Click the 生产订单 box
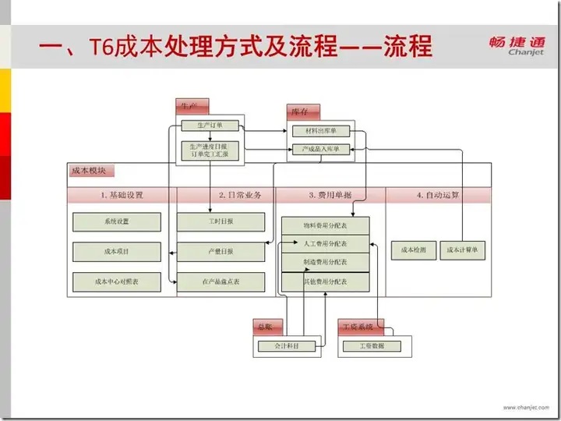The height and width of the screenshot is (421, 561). [210, 125]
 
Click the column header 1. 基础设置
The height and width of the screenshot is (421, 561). [122, 195]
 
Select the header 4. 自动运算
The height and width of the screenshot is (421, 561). [438, 195]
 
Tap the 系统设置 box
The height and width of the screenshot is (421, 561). [116, 221]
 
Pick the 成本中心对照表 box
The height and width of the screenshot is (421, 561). [116, 281]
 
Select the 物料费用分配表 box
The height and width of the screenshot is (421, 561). [325, 226]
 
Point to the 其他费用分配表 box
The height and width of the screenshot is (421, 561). [325, 281]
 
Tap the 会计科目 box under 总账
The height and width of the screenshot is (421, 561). [288, 345]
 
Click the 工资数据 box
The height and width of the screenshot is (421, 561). [370, 345]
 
